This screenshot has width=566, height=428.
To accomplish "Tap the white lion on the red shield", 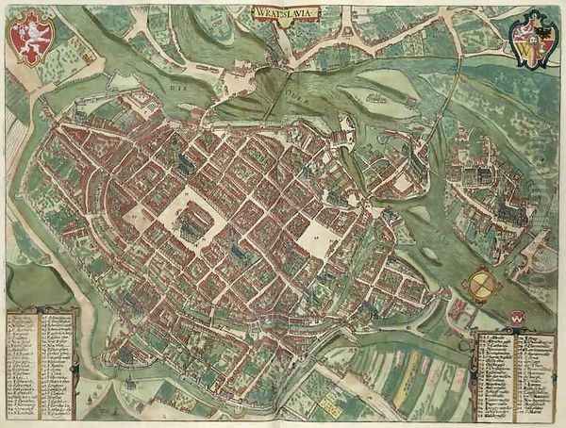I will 30,38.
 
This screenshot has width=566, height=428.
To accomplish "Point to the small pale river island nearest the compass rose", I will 433,253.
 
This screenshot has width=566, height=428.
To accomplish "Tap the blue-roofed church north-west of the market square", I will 185,166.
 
